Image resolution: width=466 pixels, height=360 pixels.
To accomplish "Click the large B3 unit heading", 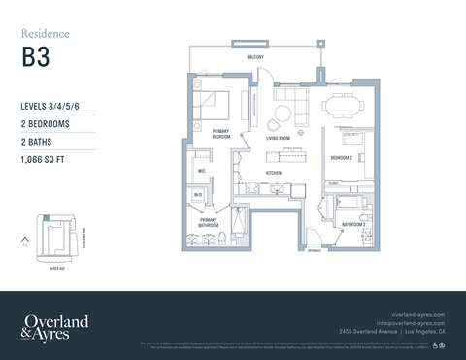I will [35, 54].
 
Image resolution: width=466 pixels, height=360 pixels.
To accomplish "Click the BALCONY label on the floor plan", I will [255, 58].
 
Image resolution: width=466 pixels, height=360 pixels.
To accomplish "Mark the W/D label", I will [197, 194].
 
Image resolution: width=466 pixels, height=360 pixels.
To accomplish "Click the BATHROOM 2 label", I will [352, 225].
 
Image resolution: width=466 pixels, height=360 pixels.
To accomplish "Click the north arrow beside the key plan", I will [23, 242].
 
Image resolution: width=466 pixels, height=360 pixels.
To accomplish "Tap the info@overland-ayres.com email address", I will [411, 323].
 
